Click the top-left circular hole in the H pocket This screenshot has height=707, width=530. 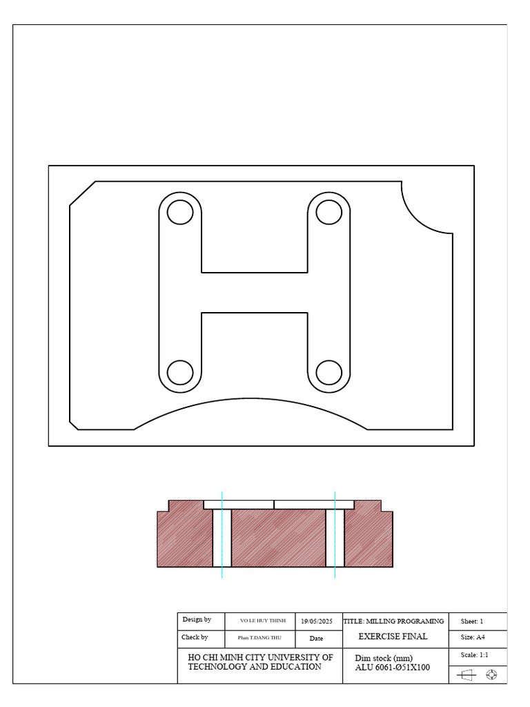point(180,212)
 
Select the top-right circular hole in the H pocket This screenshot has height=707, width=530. point(329,212)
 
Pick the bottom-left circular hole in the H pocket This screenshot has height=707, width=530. point(180,372)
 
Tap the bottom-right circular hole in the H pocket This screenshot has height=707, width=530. point(329,372)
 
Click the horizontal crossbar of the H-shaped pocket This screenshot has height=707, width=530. point(255,293)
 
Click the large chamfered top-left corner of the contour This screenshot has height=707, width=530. point(82,193)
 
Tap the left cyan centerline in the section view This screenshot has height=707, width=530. point(222,535)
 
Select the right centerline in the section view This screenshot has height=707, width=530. point(335,535)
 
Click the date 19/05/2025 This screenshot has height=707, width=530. point(316,621)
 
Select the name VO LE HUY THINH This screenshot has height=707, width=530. point(262,621)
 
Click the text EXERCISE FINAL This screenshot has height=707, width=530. point(393,637)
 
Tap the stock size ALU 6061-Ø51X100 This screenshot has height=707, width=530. point(392,668)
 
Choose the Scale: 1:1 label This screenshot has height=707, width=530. point(474,655)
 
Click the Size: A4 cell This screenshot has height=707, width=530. point(473,637)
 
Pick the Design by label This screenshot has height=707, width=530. point(197,620)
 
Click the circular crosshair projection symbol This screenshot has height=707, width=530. point(491,675)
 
